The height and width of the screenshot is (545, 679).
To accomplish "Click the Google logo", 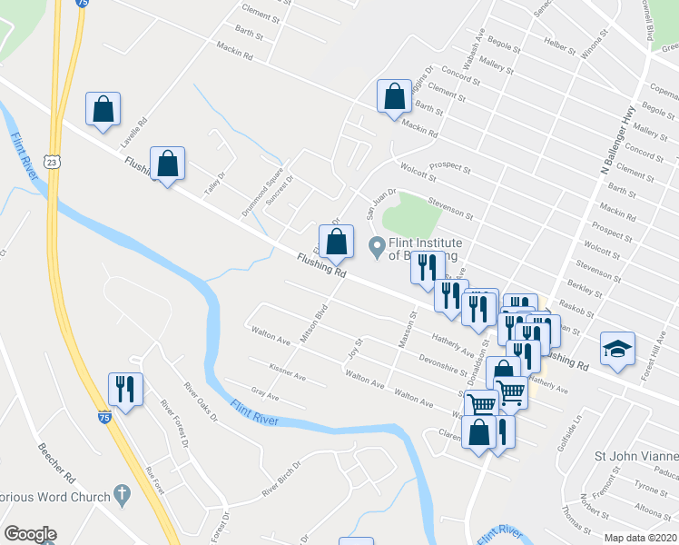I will [x=29, y=534].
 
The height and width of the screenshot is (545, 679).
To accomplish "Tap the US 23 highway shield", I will [x=54, y=161].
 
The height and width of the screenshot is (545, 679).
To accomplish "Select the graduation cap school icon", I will [x=617, y=350].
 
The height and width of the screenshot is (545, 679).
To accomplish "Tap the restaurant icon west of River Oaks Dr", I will [x=124, y=389].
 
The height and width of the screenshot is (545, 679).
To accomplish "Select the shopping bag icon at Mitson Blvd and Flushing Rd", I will [x=336, y=242].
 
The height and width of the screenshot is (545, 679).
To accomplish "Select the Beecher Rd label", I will [x=54, y=464].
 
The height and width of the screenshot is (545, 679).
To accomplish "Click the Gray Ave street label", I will [x=265, y=396].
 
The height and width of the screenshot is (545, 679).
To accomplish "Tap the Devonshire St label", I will [x=442, y=364].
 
